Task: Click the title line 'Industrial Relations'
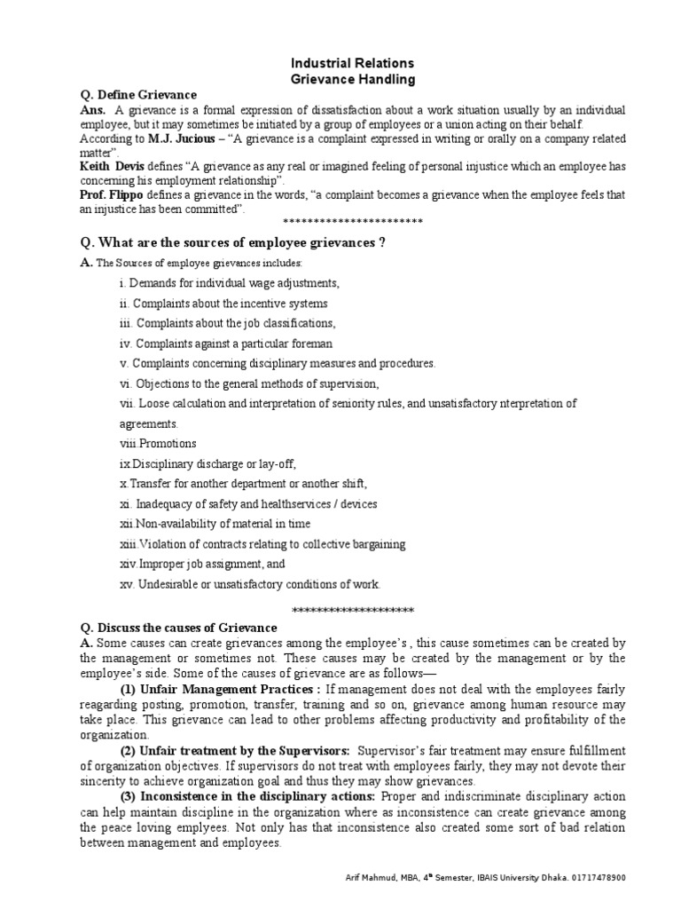click(340, 64)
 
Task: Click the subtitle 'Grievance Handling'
click(340, 79)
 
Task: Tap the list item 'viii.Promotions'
click(158, 444)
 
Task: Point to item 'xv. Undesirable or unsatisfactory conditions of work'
click(249, 584)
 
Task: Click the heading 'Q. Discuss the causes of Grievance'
click(178, 628)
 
